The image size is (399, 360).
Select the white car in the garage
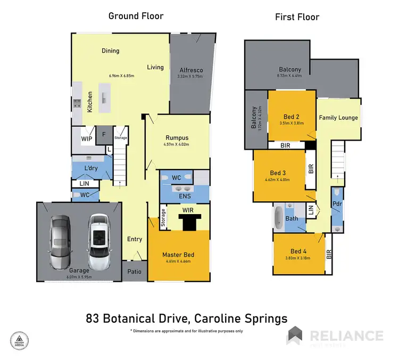(x=98, y=241)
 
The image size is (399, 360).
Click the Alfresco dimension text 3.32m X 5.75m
(x=190, y=77)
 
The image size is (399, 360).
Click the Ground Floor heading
(x=136, y=16)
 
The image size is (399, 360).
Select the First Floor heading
(x=297, y=17)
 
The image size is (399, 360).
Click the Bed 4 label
(x=299, y=251)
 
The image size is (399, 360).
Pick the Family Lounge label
(x=338, y=118)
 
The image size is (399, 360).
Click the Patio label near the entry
(x=135, y=271)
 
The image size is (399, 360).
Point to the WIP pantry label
(x=87, y=139)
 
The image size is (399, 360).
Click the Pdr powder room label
(x=337, y=204)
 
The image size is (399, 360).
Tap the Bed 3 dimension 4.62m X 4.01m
(x=278, y=179)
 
